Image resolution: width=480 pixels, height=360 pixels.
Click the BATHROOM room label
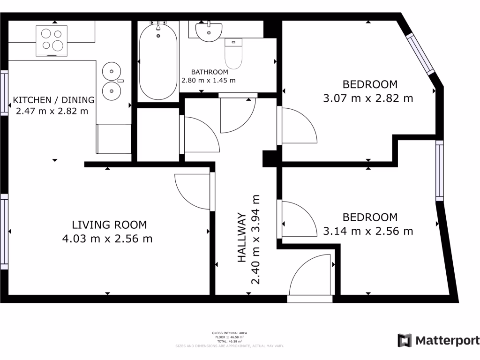pyautogui.click(x=210, y=72)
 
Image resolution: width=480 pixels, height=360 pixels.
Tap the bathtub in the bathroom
pyautogui.click(x=158, y=61)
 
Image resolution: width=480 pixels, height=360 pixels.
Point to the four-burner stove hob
pyautogui.click(x=52, y=40)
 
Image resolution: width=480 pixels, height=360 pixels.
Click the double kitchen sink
pyautogui.click(x=112, y=80)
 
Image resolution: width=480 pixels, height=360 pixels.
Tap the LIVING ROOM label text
pyautogui.click(x=109, y=225)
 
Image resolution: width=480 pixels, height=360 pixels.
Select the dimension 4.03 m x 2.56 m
pyautogui.click(x=107, y=239)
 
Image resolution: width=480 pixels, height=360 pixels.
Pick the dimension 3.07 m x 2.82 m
pyautogui.click(x=368, y=98)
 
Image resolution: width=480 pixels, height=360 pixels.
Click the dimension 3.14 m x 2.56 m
pyautogui.click(x=368, y=231)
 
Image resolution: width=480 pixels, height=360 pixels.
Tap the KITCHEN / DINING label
pyautogui.click(x=54, y=100)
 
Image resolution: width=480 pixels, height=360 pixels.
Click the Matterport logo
pyautogui.click(x=438, y=340)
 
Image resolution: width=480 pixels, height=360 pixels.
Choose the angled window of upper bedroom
pyautogui.click(x=420, y=53)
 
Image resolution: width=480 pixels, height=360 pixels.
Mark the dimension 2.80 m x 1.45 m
pyautogui.click(x=209, y=80)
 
